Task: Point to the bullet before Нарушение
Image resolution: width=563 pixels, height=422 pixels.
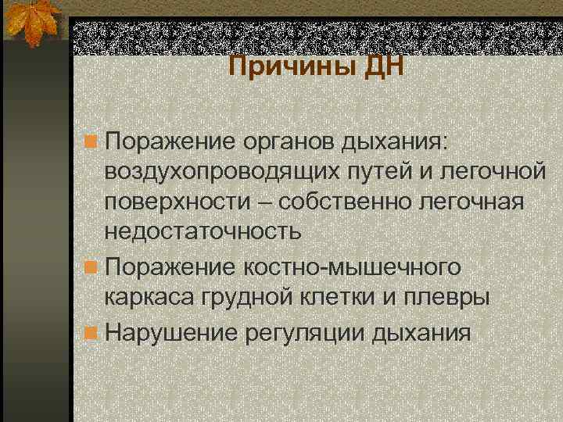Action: click(x=92, y=334)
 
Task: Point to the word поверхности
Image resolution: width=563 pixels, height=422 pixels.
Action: click(x=174, y=200)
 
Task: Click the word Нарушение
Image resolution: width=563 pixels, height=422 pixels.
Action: click(x=171, y=334)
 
